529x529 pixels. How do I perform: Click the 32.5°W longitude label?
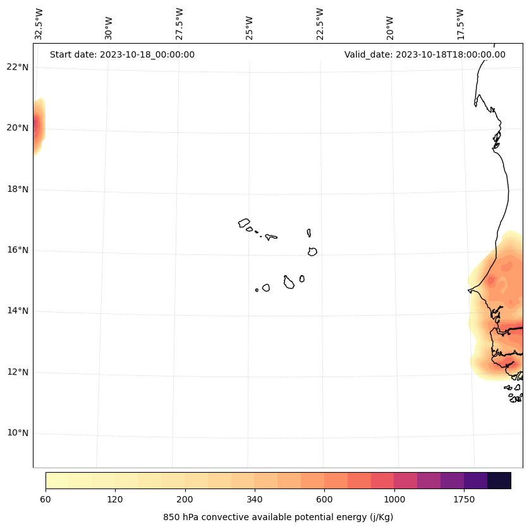click(39, 24)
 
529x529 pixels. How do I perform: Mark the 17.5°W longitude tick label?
click(460, 24)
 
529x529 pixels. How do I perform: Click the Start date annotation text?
click(122, 54)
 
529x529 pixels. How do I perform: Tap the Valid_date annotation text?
click(425, 54)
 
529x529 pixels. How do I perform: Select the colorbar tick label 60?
click(46, 500)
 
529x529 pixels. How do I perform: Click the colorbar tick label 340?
click(255, 500)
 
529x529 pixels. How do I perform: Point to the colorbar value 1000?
click(394, 500)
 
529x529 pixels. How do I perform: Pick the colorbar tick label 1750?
click(464, 500)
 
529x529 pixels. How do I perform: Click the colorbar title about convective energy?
click(278, 517)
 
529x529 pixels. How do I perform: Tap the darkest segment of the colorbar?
click(499, 480)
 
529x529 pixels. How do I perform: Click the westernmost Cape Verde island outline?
click(244, 223)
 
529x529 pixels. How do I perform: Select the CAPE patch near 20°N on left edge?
click(39, 126)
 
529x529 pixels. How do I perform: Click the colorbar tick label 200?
click(185, 500)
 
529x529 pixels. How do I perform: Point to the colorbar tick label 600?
click(324, 500)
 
